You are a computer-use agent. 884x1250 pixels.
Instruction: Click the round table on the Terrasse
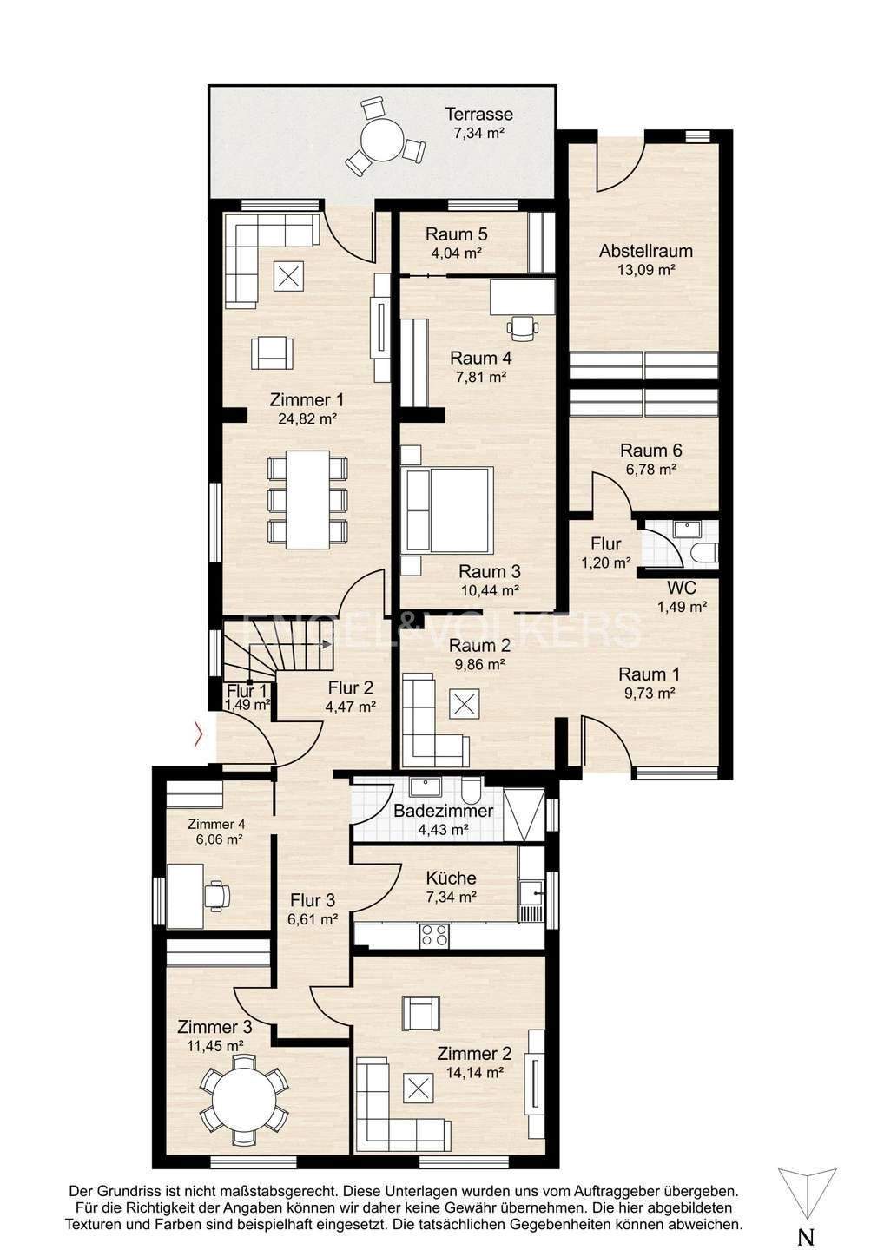[x=383, y=141]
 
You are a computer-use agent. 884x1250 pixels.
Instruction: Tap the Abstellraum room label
[x=646, y=251]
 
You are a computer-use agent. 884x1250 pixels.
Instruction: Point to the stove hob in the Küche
[x=435, y=935]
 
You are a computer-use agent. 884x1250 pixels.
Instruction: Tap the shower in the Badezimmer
[x=524, y=816]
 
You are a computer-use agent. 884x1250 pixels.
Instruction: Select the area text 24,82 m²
[x=307, y=418]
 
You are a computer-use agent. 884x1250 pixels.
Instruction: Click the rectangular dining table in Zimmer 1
[x=307, y=499]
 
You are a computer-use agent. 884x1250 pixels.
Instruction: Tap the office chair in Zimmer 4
[x=218, y=894]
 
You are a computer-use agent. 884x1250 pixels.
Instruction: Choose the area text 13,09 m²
[x=646, y=271]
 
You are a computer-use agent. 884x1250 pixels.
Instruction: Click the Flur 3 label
[x=313, y=901]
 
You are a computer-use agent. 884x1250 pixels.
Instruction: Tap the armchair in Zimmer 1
[x=273, y=353]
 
